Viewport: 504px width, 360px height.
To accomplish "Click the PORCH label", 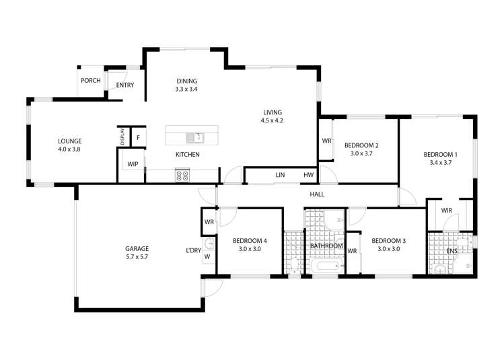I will pos(90,81).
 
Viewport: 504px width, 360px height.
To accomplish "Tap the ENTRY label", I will pos(124,85).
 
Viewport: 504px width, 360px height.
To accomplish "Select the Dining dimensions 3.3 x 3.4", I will pos(186,89).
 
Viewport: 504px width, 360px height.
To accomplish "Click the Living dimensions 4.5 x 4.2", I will pos(273,121).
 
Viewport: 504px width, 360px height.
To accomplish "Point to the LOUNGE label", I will pos(69,141).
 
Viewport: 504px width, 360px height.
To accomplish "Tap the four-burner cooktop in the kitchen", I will pos(182,176).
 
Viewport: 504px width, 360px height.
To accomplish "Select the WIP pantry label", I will pos(132,164).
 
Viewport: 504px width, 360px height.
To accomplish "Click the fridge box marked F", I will pos(138,138).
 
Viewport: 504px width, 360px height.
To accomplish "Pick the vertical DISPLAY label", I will pos(122,137).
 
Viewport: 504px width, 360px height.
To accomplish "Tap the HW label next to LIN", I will pos(308,176).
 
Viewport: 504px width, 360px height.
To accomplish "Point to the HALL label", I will pos(317,194).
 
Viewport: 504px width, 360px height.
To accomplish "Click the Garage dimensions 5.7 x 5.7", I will pos(137,257).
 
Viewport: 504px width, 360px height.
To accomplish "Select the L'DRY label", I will pos(194,251).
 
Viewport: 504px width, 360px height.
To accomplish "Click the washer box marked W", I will pos(207,256).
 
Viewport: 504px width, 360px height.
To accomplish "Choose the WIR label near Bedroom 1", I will pos(447,211).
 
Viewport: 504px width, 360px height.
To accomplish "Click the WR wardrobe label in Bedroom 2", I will pos(326,141).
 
